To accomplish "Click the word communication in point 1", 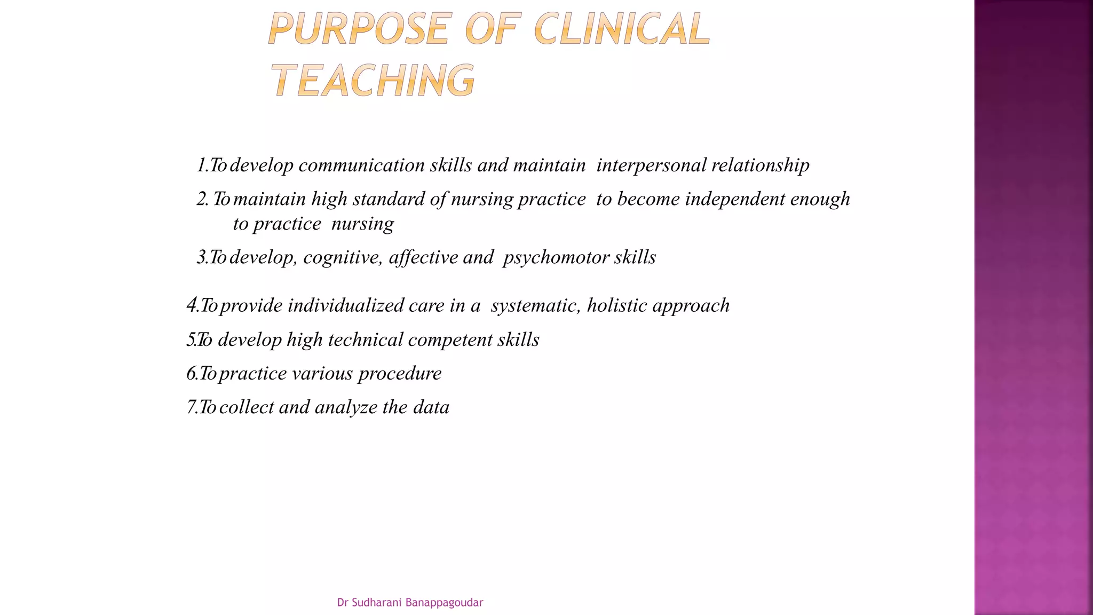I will pos(361,165).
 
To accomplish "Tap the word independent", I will pos(735,199).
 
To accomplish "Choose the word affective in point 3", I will pos(423,258).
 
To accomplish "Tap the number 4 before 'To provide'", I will pos(192,305).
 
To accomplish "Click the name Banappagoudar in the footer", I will pos(444,603).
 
